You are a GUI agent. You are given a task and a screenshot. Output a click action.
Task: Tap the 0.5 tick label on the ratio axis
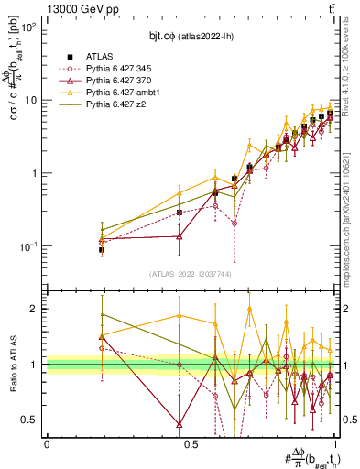(29, 420)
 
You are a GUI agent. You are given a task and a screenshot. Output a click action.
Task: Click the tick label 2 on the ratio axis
(34, 309)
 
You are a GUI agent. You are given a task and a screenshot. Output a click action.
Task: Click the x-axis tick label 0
(47, 444)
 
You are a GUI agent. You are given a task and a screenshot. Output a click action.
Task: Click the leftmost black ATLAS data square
(102, 249)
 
